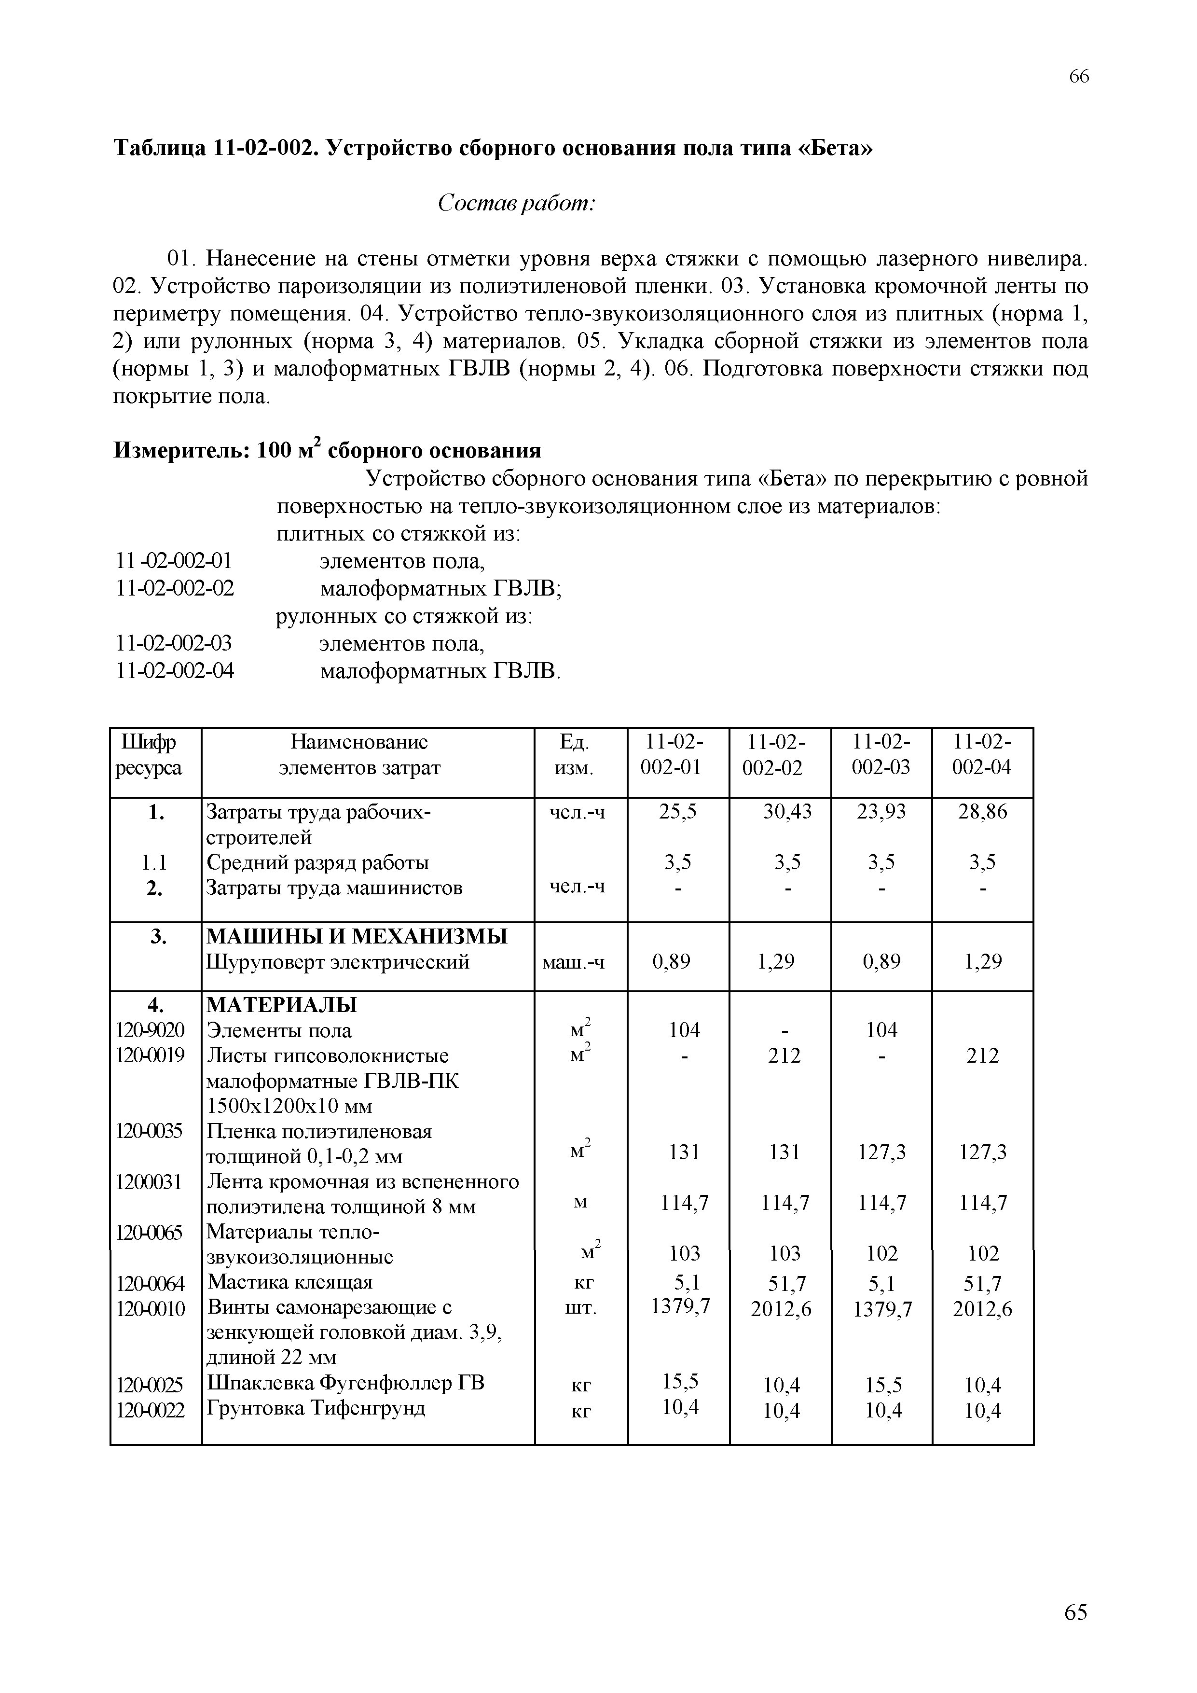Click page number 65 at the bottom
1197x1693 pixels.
(1075, 1612)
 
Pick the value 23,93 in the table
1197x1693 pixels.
(881, 812)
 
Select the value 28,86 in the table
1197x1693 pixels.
(982, 812)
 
